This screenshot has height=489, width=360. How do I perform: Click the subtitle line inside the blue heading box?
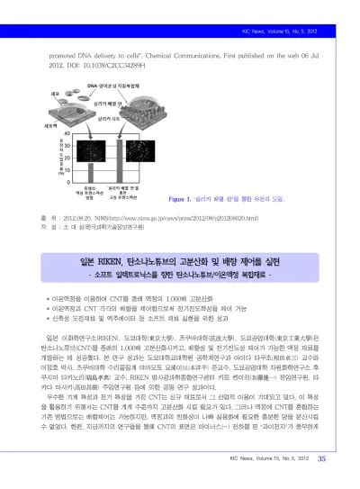click(181, 248)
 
